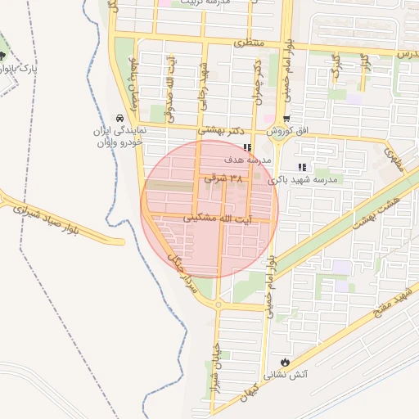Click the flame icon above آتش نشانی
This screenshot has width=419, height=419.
[x=284, y=360]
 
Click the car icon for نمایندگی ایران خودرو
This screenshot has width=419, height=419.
[x=121, y=118]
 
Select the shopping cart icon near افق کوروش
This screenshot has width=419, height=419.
[x=296, y=119]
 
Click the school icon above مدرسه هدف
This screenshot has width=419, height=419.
[x=246, y=148]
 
